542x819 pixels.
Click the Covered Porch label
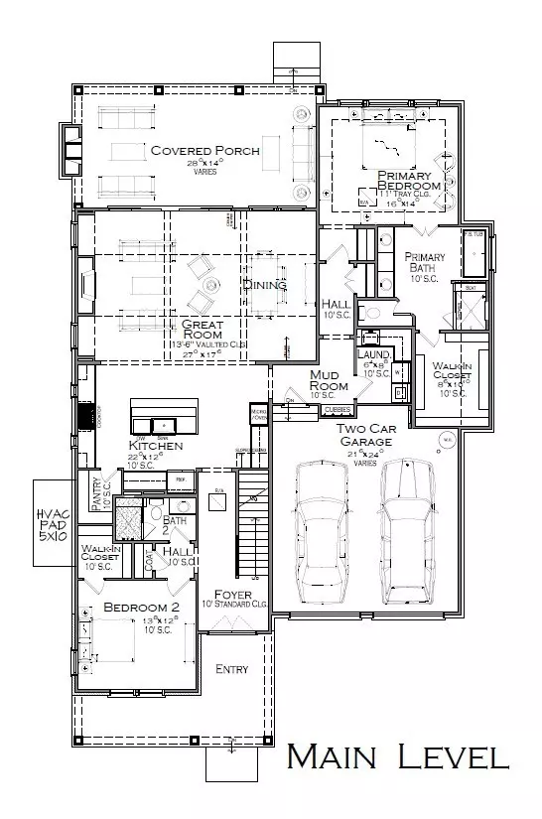point(204,151)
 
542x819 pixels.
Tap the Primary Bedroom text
point(408,181)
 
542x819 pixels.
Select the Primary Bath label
point(425,263)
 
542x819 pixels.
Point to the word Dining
point(264,285)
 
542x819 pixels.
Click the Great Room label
point(202,330)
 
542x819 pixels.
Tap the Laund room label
point(373,354)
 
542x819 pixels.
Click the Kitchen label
point(156,447)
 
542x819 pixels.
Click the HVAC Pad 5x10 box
point(53,523)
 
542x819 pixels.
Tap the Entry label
point(231,670)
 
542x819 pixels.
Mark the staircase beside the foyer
point(255,526)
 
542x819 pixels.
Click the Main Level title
point(398,757)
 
